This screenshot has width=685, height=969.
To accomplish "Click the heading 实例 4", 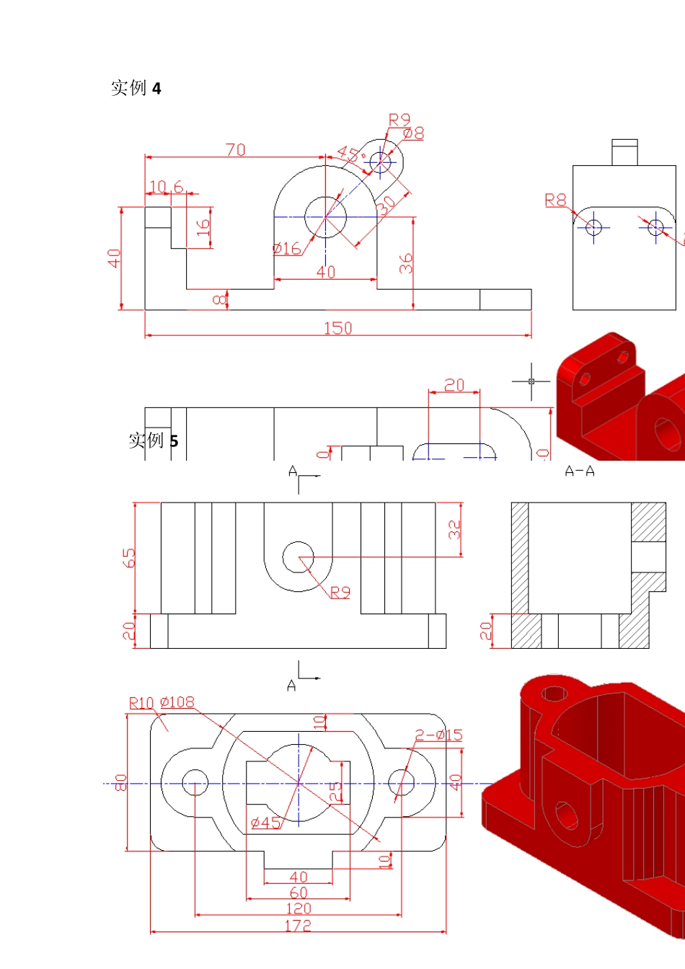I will (x=136, y=88).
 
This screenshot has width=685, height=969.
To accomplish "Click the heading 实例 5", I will (x=153, y=440).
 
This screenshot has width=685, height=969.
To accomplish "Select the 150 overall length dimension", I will (x=337, y=328).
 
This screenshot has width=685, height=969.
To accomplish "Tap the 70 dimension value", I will (x=236, y=150).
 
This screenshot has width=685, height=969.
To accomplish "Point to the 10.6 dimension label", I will (x=165, y=187).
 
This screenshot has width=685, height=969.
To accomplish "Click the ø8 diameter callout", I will (x=413, y=133).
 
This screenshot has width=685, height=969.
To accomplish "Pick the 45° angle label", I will (x=350, y=154).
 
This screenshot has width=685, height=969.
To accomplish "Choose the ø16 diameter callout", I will (x=287, y=249).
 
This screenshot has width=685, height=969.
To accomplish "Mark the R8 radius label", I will (x=555, y=200).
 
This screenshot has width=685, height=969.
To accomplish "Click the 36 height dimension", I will (x=406, y=263).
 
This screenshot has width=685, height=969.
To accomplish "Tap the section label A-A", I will (x=580, y=472).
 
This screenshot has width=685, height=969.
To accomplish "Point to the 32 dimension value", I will (x=454, y=530).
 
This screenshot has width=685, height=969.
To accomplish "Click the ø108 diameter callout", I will (x=177, y=702).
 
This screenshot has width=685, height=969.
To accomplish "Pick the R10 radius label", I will (x=141, y=703).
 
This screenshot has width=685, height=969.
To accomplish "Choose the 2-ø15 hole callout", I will (x=438, y=735).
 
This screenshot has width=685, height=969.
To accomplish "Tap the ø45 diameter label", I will (x=265, y=823).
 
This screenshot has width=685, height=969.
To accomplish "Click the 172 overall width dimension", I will (x=298, y=926).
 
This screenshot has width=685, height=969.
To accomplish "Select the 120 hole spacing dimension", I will (x=299, y=909).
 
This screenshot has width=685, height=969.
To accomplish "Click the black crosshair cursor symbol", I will (x=531, y=381).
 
